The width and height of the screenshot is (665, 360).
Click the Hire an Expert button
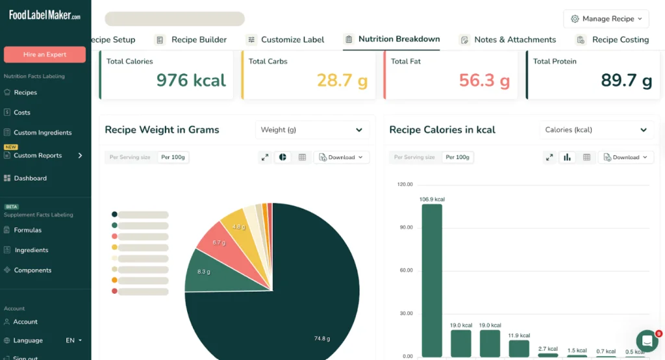tap(45, 55)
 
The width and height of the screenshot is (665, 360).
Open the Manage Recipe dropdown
tap(607, 19)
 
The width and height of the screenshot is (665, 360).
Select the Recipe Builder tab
tap(199, 40)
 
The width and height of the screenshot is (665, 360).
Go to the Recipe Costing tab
tap(620, 40)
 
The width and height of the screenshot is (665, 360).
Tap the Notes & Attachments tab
tap(515, 40)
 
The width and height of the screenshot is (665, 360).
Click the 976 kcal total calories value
tap(191, 81)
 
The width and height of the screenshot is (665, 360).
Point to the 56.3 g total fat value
tap(484, 81)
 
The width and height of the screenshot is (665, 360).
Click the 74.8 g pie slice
tap(299, 305)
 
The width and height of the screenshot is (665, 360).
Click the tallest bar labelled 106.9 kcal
tap(432, 279)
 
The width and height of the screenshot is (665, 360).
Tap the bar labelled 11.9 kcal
tap(519, 348)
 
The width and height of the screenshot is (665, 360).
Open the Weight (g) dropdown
tap(312, 130)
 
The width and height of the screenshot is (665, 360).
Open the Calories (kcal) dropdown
tap(596, 130)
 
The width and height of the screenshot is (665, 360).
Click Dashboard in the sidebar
tap(30, 178)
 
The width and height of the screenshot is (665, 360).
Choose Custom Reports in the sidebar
tap(38, 155)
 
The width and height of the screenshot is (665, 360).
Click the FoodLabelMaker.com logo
tap(45, 16)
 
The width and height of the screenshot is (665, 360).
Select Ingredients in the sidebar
tap(31, 250)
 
